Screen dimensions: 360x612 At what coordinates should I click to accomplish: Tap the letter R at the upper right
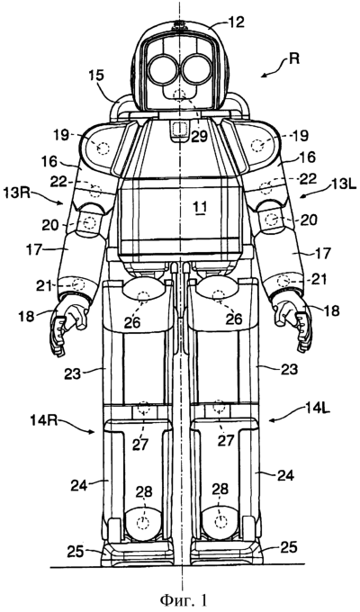(294, 59)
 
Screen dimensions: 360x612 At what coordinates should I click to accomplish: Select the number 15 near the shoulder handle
(96, 76)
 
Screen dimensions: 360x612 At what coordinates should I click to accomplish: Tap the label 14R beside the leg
(42, 422)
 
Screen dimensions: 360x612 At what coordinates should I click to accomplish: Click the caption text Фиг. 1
(181, 599)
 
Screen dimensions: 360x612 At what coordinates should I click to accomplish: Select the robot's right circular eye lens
(163, 70)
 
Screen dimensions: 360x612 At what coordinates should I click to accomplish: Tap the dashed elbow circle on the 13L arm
(270, 220)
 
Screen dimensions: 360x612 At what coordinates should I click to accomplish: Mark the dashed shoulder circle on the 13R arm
(103, 148)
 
